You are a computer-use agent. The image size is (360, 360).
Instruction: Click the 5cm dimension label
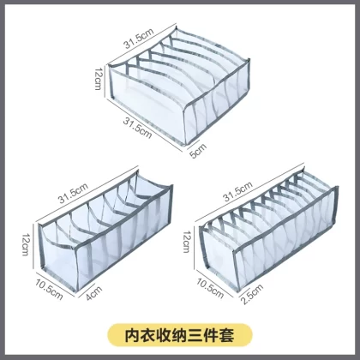198,151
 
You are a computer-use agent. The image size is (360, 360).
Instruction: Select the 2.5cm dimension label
252,295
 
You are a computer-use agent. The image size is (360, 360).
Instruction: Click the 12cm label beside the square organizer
99,79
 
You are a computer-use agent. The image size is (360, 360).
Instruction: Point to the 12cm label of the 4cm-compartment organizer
26,244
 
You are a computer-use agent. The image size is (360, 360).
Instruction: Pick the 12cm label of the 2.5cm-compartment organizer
186,242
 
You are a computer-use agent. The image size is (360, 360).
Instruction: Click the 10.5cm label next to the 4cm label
49,290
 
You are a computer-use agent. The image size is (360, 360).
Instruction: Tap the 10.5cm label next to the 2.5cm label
210,288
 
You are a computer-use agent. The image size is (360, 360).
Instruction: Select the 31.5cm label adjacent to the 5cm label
137,129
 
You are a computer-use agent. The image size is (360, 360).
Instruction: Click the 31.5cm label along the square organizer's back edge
139,39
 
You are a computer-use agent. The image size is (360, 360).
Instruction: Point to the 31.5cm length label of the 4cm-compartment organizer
73,194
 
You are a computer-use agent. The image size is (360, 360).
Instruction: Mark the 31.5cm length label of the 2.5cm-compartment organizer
238,191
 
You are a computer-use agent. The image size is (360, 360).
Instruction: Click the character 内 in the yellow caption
133,335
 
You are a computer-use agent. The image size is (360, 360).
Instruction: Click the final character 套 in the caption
227,335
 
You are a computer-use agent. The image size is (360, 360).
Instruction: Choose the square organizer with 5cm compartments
179,85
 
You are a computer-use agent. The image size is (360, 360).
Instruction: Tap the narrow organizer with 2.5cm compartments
268,231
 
